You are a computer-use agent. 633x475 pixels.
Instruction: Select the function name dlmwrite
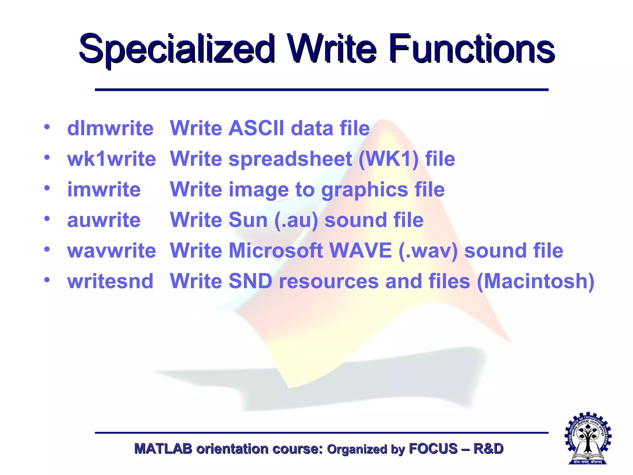pos(110,128)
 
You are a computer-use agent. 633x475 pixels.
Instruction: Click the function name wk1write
pos(112,159)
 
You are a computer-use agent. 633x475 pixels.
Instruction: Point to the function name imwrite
pos(104,189)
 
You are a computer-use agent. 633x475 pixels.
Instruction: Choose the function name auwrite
pos(104,220)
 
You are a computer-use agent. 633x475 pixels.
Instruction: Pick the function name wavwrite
pos(112,250)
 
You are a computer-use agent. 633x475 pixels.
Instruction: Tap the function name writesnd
pos(110,281)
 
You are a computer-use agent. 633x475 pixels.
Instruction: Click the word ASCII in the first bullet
pos(256,128)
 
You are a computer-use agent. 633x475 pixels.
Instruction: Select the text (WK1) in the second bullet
pos(389,159)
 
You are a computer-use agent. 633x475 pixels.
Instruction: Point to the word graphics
pos(365,190)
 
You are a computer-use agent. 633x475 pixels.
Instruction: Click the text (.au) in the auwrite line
pos(296,220)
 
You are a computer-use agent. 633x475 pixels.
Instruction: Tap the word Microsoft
pos(276,250)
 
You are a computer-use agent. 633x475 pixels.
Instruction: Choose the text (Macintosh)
pos(536,281)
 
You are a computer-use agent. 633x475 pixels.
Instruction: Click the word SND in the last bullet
pos(250,281)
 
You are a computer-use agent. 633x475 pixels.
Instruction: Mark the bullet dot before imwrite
pos(47,188)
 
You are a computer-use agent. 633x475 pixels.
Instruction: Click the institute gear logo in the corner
pos(588,438)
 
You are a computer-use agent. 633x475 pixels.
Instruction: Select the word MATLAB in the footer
pos(163,449)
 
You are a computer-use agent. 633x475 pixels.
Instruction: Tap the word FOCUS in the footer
pos(433,449)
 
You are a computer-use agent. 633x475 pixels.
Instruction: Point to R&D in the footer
pos(488,449)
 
